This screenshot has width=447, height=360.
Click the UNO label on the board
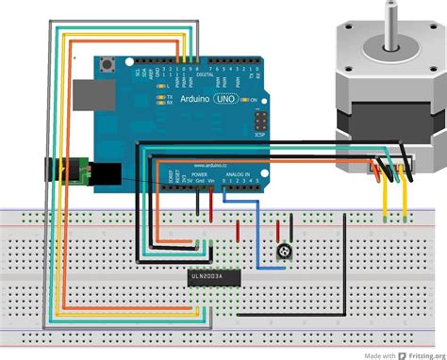tap(223, 99)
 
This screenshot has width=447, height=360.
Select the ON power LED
tap(243, 99)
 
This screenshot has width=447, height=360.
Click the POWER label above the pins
tap(200, 174)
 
